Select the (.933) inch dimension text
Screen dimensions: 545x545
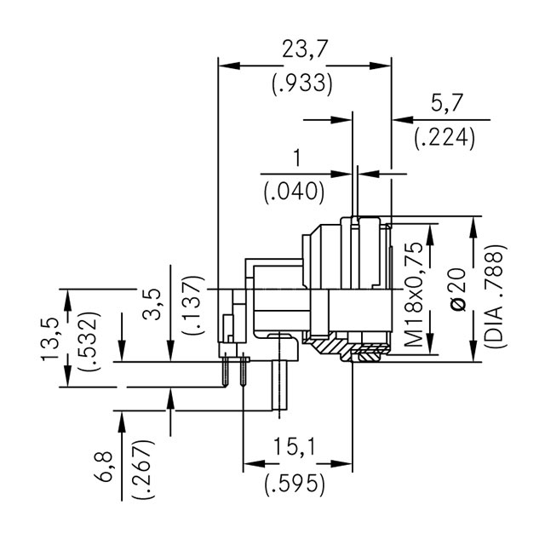click(x=302, y=84)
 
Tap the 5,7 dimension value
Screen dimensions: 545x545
click(x=445, y=104)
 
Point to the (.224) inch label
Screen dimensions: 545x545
click(x=445, y=139)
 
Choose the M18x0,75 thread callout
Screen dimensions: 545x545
click(x=414, y=294)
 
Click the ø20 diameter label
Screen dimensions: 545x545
click(x=457, y=294)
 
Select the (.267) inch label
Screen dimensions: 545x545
click(x=141, y=470)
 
